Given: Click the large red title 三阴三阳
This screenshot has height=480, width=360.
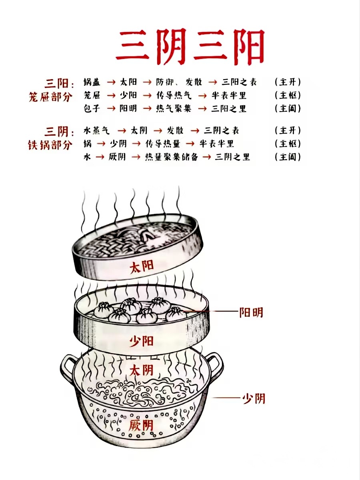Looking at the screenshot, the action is click(190, 47).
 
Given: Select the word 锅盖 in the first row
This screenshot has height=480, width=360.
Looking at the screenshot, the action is click(92, 82).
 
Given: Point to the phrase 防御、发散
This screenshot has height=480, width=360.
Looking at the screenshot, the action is click(179, 82).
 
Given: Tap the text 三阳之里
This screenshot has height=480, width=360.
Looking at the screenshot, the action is click(229, 108).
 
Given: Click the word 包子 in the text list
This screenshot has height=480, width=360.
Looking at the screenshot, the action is click(92, 108).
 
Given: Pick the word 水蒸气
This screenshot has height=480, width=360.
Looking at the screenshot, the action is click(96, 130).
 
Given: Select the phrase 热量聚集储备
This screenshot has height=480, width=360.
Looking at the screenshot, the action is click(172, 157).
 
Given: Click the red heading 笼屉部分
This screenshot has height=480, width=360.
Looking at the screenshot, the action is click(50, 97).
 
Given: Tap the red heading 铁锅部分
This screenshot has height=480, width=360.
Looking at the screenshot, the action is click(50, 145).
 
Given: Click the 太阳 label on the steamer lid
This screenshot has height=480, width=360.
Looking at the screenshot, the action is click(142, 267).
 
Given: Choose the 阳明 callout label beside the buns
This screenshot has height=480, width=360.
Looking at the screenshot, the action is click(251, 312).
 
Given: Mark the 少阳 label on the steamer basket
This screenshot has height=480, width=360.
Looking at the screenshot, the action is click(141, 341).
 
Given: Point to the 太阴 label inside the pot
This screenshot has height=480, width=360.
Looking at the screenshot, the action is click(141, 370).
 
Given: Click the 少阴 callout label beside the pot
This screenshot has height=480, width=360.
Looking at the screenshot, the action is click(254, 398).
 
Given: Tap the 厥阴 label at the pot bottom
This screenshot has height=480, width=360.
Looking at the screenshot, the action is click(141, 426).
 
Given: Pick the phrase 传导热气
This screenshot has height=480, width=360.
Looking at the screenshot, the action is click(174, 95).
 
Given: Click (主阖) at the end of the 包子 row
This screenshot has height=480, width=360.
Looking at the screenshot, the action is click(288, 108).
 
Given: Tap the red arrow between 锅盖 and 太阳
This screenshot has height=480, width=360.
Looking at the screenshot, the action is click(111, 82).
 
